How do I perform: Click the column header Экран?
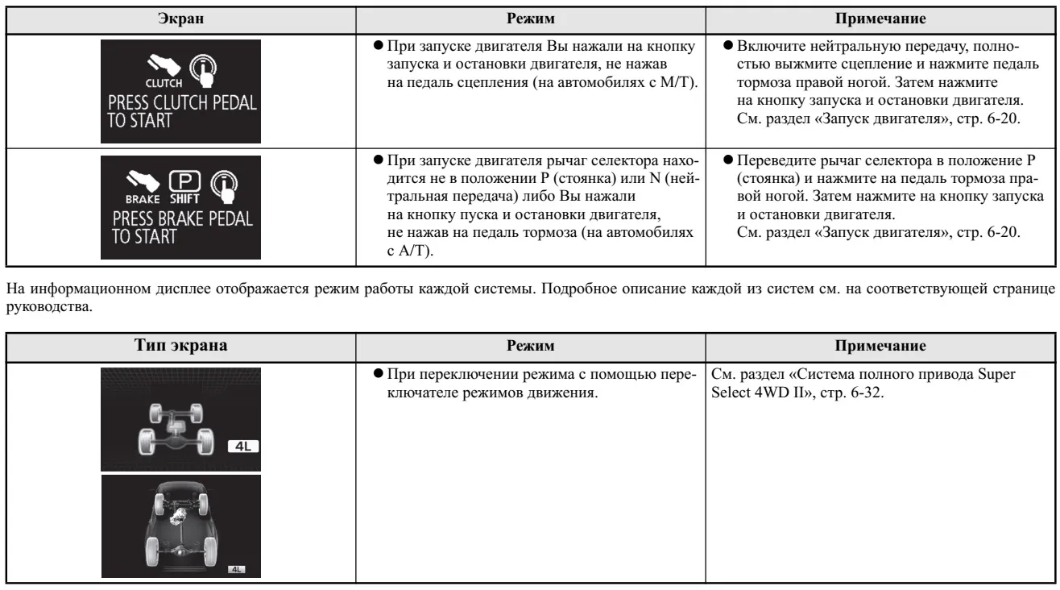[180, 16]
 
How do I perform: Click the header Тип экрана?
[180, 346]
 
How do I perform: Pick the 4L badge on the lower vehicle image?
[237, 568]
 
